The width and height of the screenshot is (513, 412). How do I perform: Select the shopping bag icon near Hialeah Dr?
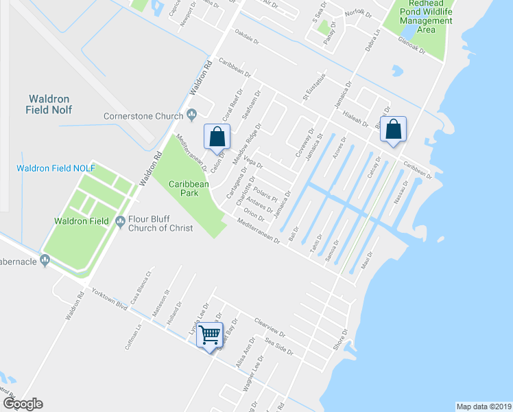pos(394,129)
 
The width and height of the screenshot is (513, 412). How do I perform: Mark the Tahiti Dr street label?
pos(316,242)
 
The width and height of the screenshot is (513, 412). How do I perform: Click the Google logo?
pos(23,404)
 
